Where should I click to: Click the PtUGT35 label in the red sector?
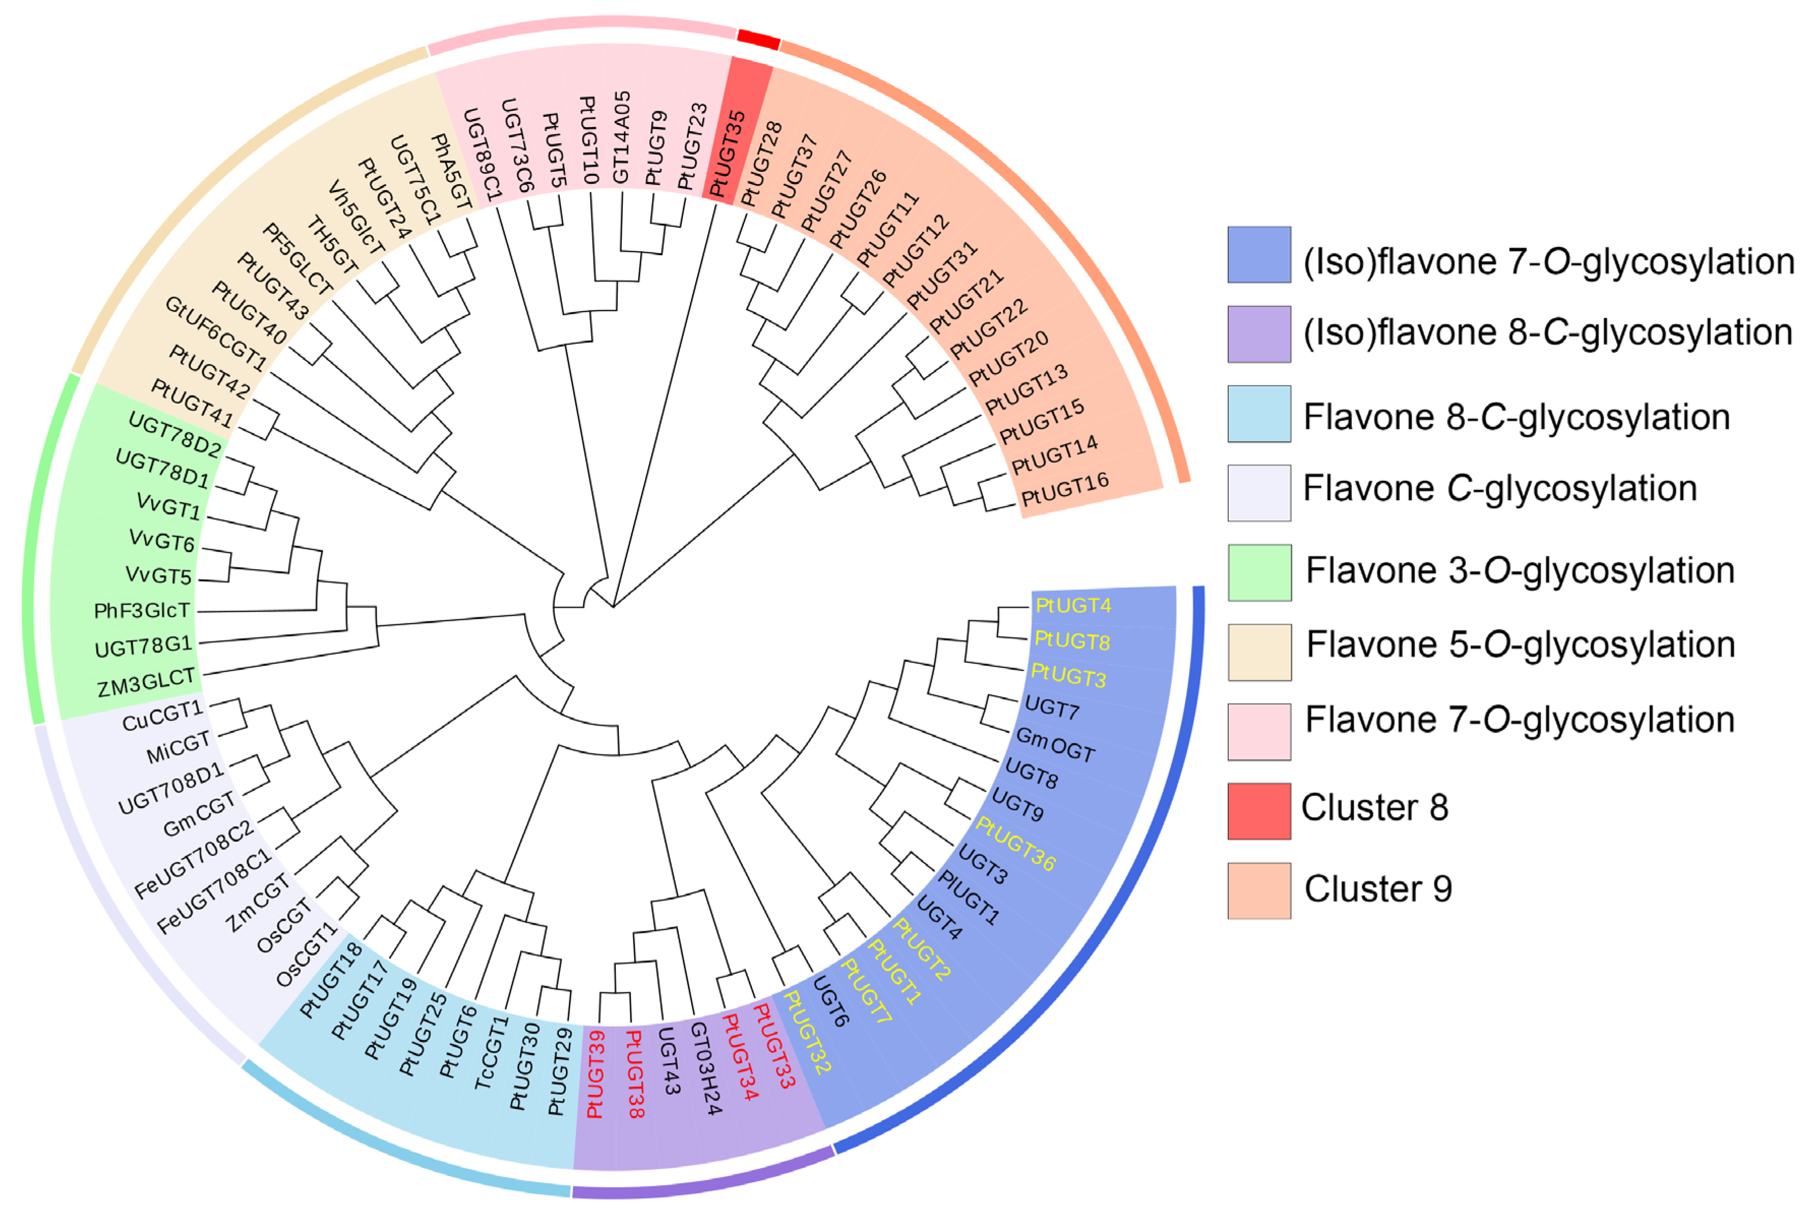click(x=728, y=154)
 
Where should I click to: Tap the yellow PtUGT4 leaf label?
click(x=1073, y=605)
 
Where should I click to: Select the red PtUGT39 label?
click(x=595, y=1075)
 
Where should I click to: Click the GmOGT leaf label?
click(x=1055, y=745)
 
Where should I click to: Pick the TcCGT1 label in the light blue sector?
click(x=492, y=1052)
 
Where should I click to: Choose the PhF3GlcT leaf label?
click(x=141, y=611)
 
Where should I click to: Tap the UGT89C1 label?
click(x=483, y=153)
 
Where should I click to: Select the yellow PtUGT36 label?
click(x=1015, y=844)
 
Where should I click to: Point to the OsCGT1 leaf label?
click(x=307, y=954)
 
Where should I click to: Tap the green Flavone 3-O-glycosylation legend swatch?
click(x=1258, y=572)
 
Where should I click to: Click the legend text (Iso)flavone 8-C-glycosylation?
click(x=1547, y=332)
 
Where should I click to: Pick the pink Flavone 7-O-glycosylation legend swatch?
click(x=1258, y=731)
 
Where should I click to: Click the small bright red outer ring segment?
click(x=758, y=39)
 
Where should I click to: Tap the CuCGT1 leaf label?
click(x=162, y=716)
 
